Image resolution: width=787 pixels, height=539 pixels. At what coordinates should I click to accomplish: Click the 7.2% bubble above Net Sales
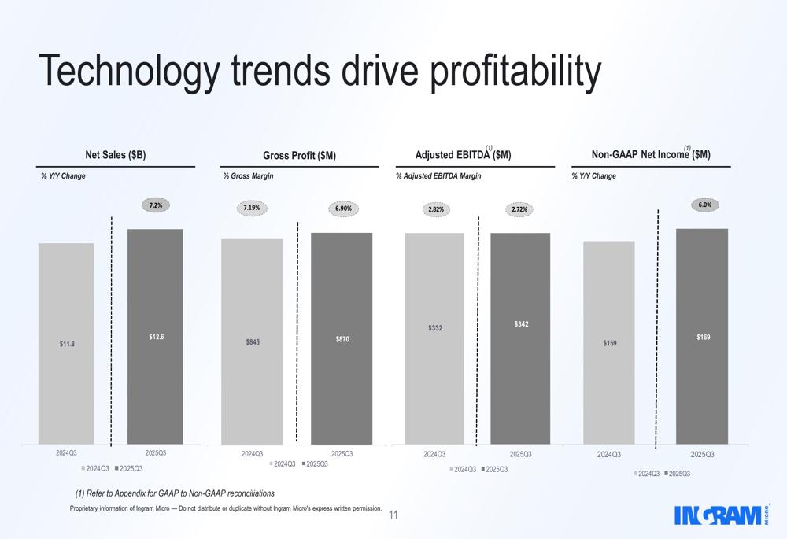click(x=156, y=205)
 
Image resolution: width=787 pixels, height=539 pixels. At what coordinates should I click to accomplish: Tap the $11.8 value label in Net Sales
click(x=67, y=344)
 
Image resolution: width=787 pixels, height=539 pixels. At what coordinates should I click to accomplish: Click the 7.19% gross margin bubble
click(x=252, y=208)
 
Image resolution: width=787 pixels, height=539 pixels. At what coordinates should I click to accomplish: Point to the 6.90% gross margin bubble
click(x=343, y=209)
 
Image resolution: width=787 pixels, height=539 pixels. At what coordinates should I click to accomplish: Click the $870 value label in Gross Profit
click(x=342, y=339)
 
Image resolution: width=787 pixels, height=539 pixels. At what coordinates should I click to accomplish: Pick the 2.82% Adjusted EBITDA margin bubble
click(x=436, y=209)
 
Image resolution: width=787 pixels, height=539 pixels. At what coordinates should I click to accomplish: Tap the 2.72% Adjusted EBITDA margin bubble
click(x=519, y=209)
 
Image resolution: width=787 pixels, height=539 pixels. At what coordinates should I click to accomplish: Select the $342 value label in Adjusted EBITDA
click(x=521, y=324)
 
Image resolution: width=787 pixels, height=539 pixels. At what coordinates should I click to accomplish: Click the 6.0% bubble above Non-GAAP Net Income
click(x=704, y=205)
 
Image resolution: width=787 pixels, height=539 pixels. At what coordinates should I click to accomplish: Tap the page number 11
click(x=393, y=515)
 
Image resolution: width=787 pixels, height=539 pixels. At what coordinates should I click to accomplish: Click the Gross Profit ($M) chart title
click(x=299, y=156)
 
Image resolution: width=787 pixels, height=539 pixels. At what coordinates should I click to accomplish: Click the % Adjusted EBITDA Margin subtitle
click(x=438, y=176)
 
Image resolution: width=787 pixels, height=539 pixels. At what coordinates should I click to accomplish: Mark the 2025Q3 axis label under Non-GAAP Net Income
click(x=702, y=455)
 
